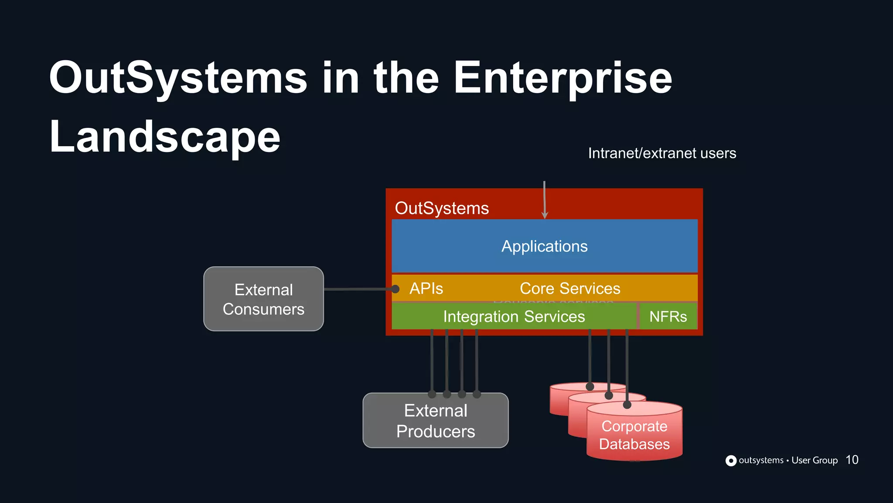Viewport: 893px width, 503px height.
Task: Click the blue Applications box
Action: (544, 246)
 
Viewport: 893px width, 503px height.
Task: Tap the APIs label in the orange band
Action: (426, 289)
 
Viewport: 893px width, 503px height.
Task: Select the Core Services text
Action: (569, 289)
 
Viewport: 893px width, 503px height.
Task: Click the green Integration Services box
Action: (514, 317)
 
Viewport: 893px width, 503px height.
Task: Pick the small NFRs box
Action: (668, 317)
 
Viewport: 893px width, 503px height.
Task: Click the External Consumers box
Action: (263, 299)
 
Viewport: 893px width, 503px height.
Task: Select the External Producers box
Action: (435, 421)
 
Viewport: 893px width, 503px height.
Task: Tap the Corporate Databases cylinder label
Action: (634, 435)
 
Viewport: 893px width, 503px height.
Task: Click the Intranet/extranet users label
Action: (661, 153)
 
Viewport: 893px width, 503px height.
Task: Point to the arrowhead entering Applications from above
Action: (545, 215)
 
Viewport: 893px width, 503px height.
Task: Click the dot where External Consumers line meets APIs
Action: (395, 289)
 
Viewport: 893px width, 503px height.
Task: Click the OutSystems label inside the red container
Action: (441, 208)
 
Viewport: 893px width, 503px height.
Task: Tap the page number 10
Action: (852, 460)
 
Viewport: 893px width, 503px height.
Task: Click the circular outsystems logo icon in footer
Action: (731, 461)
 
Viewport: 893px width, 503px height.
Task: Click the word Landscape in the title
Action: (165, 137)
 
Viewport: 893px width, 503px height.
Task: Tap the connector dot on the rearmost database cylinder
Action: (590, 386)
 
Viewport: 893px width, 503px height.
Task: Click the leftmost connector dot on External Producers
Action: (432, 394)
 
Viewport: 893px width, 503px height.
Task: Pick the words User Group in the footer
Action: (814, 460)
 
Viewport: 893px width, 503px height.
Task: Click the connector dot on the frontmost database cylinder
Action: (627, 405)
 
